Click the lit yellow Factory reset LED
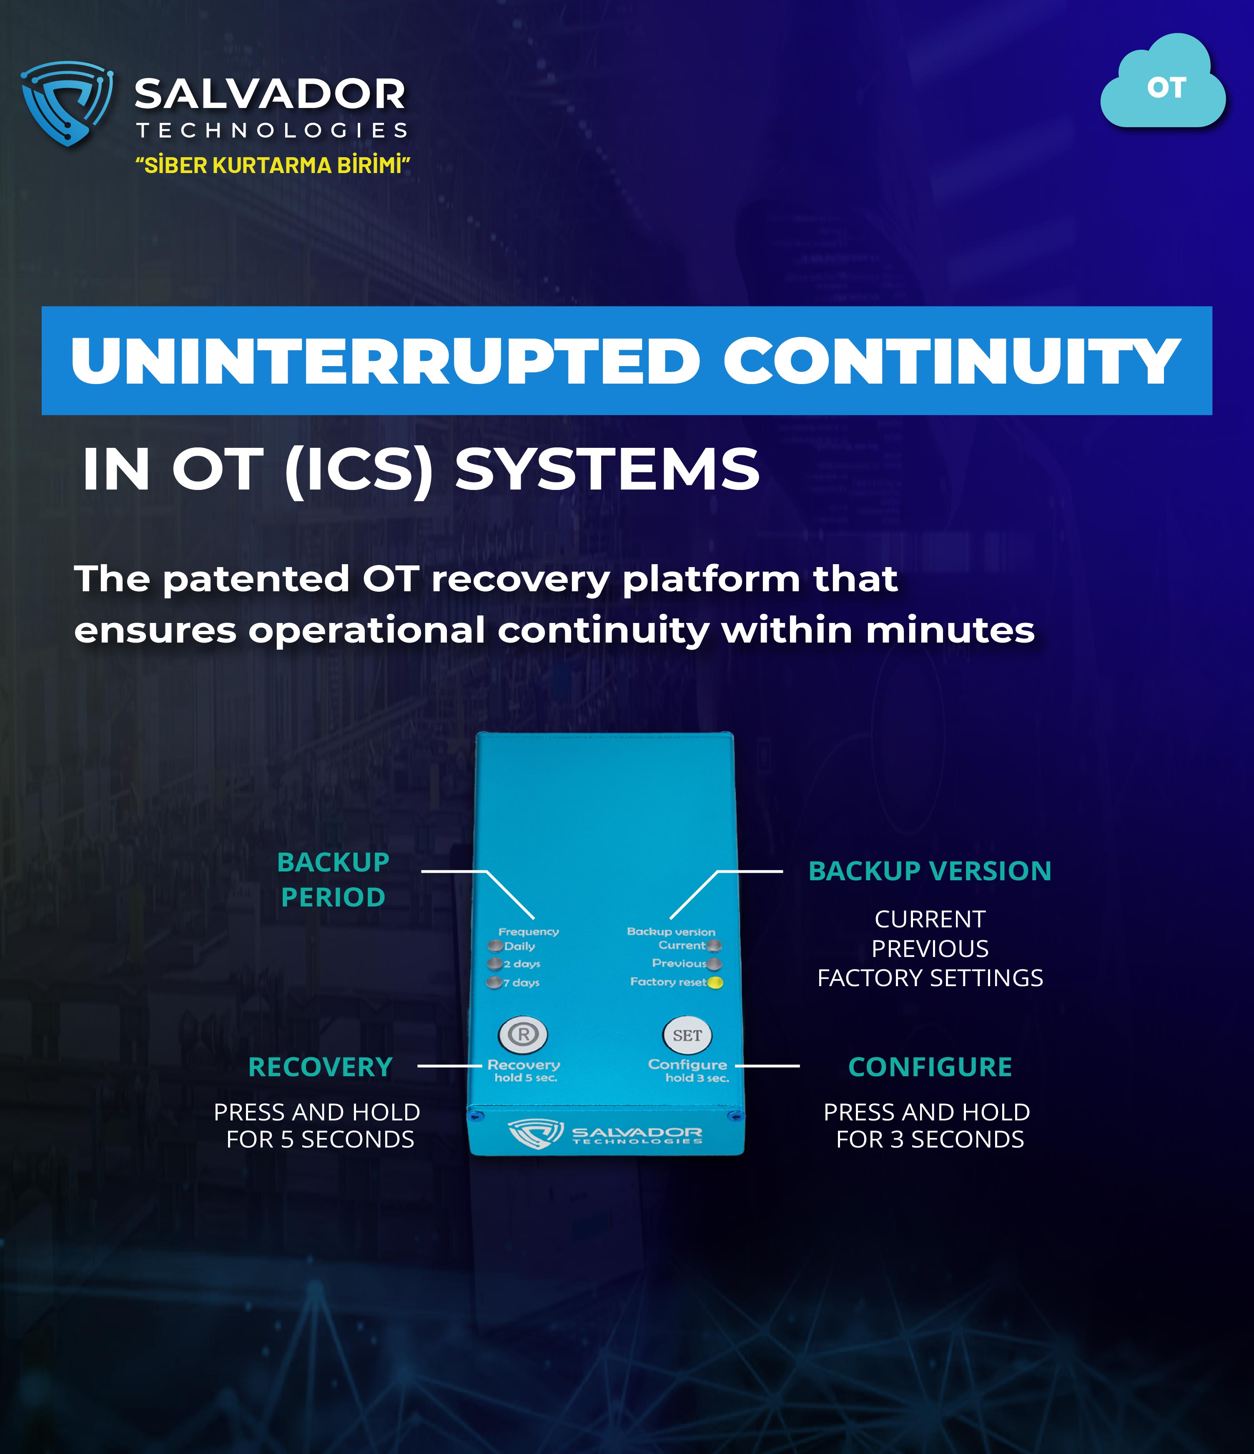point(715,982)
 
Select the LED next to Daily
point(495,946)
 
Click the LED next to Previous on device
point(715,964)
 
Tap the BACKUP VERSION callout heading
point(930,871)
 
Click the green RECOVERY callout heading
point(321,1067)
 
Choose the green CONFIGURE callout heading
point(930,1067)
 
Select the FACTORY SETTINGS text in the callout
point(930,977)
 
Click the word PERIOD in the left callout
point(334,897)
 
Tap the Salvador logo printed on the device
point(605,1134)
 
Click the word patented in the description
point(256,580)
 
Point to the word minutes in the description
point(950,630)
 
